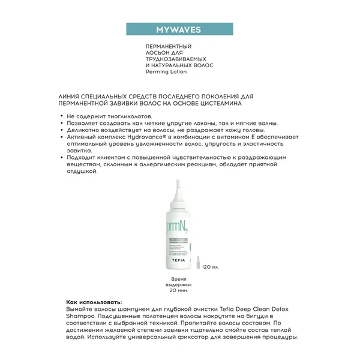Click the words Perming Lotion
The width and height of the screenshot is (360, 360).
coord(166,71)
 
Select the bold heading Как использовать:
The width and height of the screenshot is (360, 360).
coord(93,301)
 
